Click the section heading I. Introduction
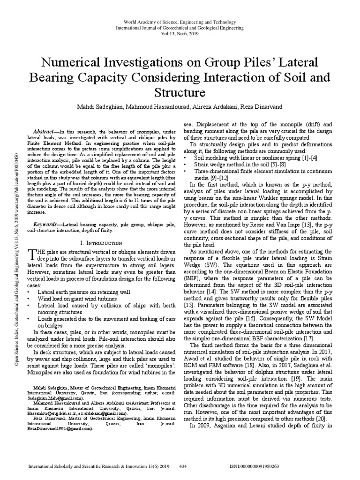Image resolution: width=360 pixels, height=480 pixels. coord(102,243)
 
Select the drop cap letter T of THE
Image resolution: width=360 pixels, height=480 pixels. coord(31,255)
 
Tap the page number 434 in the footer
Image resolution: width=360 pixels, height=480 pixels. coord(184,467)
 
